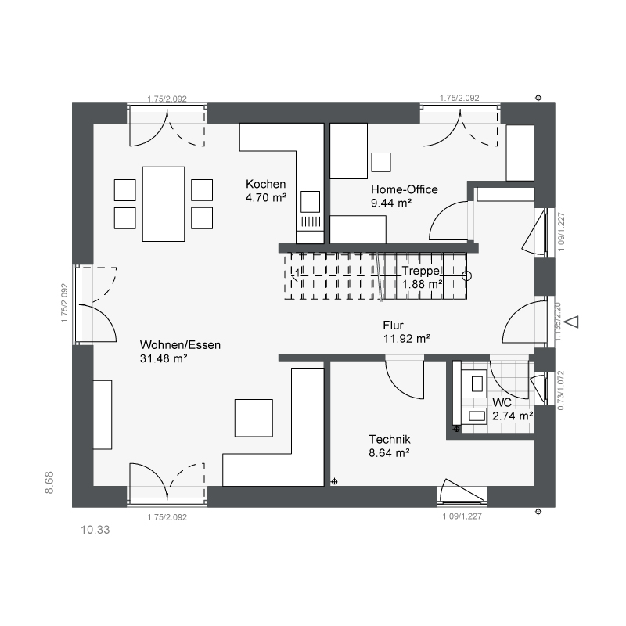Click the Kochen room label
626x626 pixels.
(x=265, y=184)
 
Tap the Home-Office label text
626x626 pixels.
(x=404, y=189)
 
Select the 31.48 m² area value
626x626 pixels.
(x=164, y=358)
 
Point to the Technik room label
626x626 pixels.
(x=390, y=439)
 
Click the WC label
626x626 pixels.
(x=502, y=402)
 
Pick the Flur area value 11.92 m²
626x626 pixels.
(x=407, y=339)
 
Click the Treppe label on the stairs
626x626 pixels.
(x=421, y=271)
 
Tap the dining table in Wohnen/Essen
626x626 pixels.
(x=164, y=204)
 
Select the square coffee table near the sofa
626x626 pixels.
(x=254, y=418)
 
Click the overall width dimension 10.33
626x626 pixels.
(x=95, y=530)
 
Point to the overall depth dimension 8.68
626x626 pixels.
(x=49, y=483)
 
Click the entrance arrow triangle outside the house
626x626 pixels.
(x=573, y=322)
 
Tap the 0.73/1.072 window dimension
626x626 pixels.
(x=561, y=390)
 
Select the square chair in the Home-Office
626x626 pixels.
(x=381, y=162)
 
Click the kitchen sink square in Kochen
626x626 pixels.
(x=310, y=202)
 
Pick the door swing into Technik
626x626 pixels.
(x=404, y=380)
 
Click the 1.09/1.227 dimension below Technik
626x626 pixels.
(x=462, y=516)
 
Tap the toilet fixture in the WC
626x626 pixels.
(x=474, y=383)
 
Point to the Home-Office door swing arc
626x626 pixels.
(x=448, y=221)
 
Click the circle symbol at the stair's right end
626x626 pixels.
(x=466, y=276)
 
